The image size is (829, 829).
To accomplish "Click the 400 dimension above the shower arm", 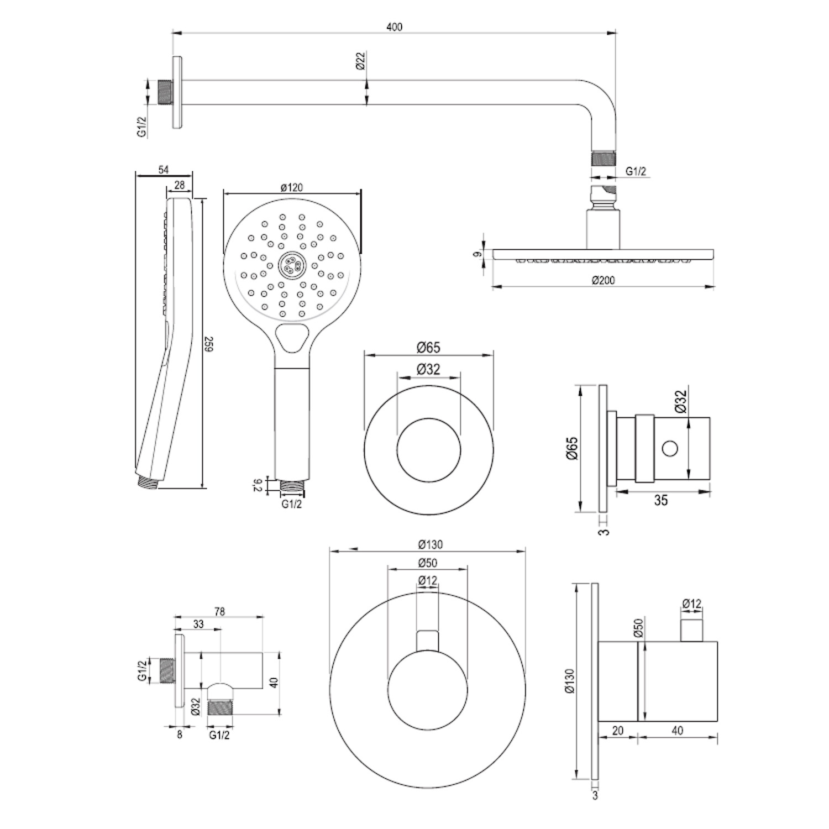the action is click(395, 27).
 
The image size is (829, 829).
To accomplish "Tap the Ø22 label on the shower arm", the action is click(360, 61).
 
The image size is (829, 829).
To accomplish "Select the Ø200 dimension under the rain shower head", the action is click(603, 280).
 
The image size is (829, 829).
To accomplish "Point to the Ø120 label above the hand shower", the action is click(291, 187).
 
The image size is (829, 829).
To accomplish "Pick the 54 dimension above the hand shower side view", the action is click(164, 170).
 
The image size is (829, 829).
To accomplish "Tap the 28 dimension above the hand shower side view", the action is click(180, 186).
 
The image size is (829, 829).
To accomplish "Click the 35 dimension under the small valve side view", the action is click(661, 500).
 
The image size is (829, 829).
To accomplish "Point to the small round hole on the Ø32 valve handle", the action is click(670, 448).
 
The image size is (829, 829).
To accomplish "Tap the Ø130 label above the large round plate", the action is click(431, 545).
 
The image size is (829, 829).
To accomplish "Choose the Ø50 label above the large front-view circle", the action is click(428, 563).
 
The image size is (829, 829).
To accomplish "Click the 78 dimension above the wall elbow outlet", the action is click(219, 612).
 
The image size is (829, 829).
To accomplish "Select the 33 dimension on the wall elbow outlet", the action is click(198, 625).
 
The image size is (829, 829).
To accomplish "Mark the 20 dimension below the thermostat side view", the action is click(618, 731).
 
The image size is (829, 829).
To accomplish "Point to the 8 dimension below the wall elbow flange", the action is click(180, 735).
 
